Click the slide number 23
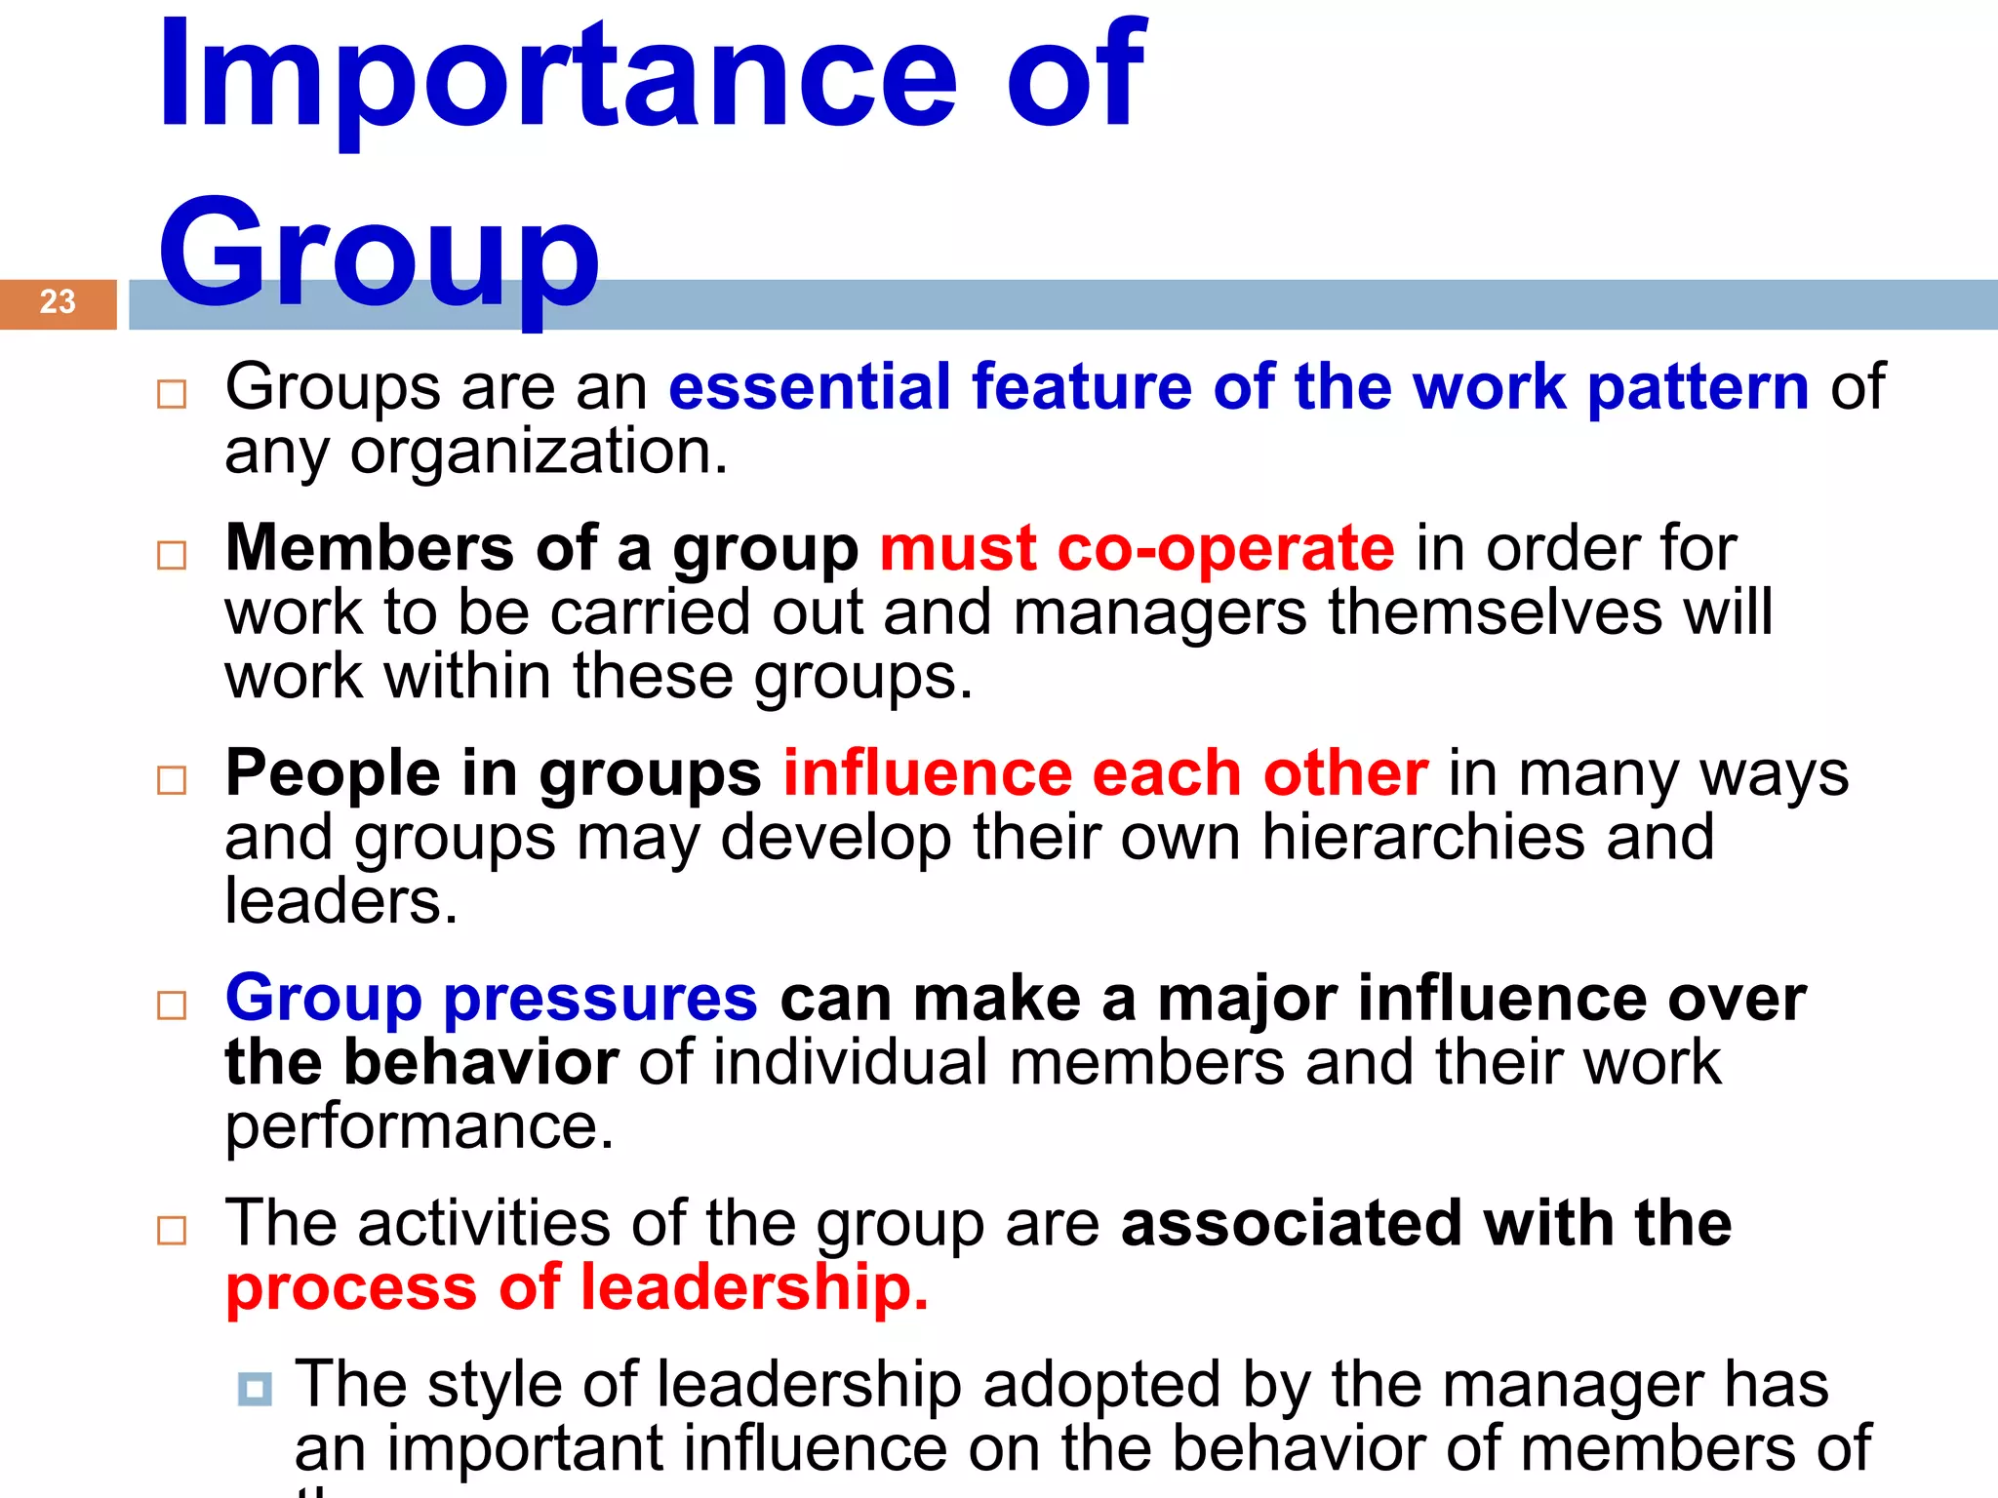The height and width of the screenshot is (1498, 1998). (x=58, y=301)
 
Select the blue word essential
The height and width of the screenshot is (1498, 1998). (x=809, y=386)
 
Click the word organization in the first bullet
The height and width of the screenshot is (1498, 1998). (x=538, y=453)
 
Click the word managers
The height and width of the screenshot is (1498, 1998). (x=1159, y=613)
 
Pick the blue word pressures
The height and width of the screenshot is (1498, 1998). (x=600, y=1001)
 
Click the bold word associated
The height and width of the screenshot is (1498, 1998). (x=1291, y=1223)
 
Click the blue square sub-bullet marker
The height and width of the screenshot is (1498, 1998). (x=255, y=1388)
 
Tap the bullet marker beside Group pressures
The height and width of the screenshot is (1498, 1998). (x=172, y=1005)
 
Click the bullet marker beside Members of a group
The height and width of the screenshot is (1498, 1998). (x=172, y=555)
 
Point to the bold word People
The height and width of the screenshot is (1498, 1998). (x=332, y=773)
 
